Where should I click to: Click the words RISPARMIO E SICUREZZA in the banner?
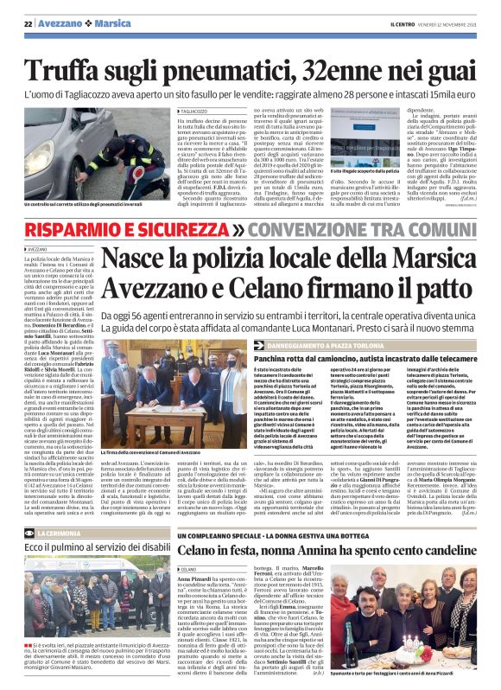pos(125,230)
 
